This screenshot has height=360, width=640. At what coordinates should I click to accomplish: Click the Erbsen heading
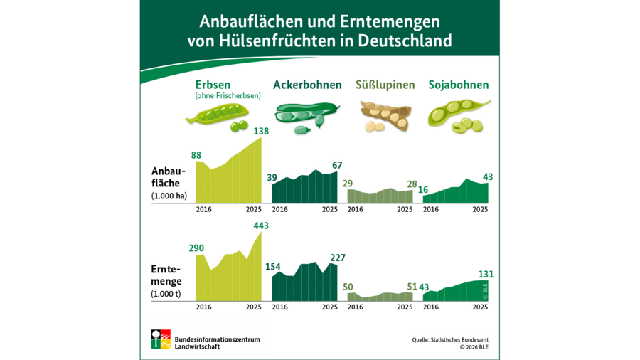[x=213, y=85]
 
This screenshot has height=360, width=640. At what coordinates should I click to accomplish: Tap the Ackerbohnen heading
[x=308, y=85]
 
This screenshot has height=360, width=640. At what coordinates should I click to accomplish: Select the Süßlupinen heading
[x=385, y=85]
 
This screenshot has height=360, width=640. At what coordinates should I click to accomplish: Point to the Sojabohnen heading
[x=459, y=85]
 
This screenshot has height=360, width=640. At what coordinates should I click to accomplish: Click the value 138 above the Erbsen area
[x=262, y=131]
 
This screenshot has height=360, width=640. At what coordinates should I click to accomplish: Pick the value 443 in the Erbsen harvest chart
[x=260, y=226]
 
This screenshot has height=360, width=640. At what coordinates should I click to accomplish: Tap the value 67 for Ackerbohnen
[x=336, y=166]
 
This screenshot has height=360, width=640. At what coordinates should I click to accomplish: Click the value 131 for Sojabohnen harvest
[x=486, y=274]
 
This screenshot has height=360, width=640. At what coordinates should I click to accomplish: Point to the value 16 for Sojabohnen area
[x=423, y=189]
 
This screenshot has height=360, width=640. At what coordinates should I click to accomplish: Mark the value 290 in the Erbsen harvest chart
[x=196, y=249]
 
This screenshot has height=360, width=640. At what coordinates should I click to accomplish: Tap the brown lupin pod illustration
[x=384, y=114]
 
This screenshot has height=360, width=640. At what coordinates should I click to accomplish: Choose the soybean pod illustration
[x=458, y=114]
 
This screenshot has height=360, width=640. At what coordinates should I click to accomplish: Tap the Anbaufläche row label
[x=168, y=176]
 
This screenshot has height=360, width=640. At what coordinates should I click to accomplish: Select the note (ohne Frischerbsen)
[x=228, y=96]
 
